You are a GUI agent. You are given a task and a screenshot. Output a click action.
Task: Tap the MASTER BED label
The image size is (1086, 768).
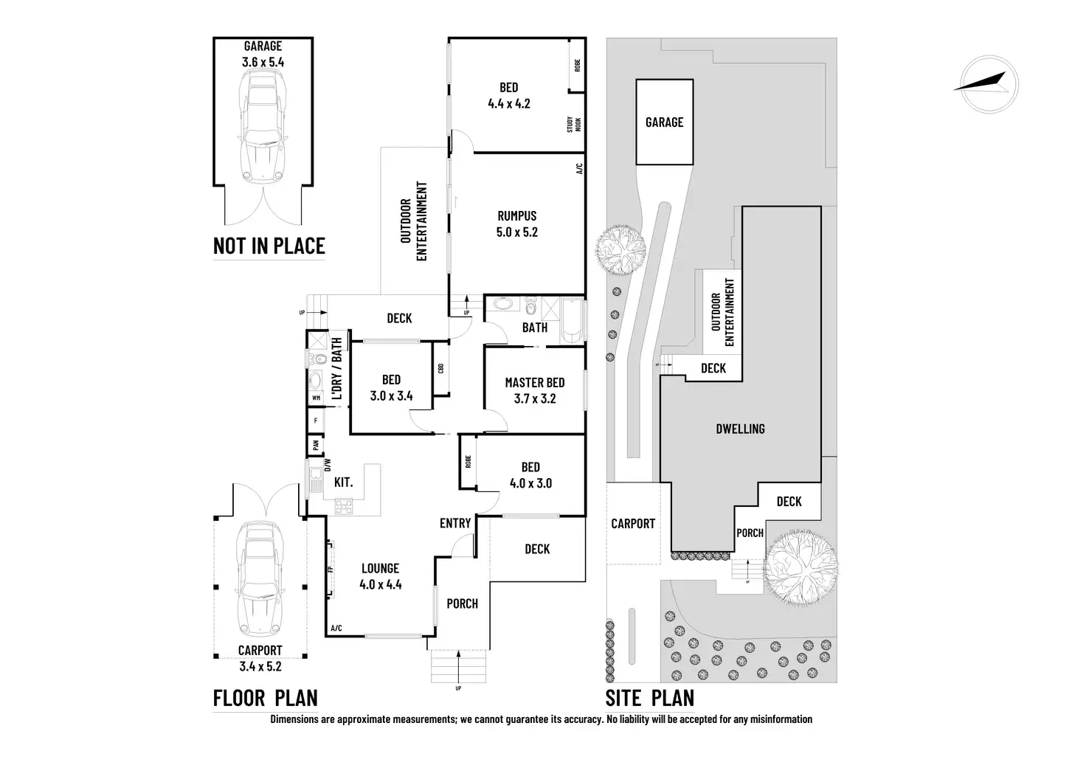coord(535,382)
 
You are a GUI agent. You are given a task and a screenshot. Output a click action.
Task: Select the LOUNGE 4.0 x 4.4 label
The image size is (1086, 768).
coord(380,576)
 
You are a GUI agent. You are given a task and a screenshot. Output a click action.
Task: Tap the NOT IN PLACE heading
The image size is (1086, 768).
coord(269,246)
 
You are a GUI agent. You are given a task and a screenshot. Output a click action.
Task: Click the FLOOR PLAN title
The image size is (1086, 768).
coord(265,697)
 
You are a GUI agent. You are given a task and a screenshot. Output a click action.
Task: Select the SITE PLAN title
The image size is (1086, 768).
coord(649,697)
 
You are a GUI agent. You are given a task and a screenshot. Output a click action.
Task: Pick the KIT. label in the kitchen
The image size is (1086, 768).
coord(343,482)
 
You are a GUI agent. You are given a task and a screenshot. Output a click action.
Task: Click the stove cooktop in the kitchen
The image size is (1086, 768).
coord(345,506)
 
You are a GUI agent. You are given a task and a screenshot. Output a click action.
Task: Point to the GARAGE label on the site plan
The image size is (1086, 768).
coord(664,122)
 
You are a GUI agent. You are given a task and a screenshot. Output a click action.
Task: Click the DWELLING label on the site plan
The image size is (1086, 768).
coord(740,429)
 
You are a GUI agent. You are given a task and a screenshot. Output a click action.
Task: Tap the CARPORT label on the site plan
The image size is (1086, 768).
coord(633,524)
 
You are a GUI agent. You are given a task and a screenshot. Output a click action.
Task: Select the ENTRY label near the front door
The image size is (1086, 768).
coord(455,523)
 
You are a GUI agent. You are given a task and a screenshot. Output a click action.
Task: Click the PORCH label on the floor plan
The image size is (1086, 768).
coord(463,603)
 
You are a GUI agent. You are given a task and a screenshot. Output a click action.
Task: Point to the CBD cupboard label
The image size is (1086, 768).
coord(440,368)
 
